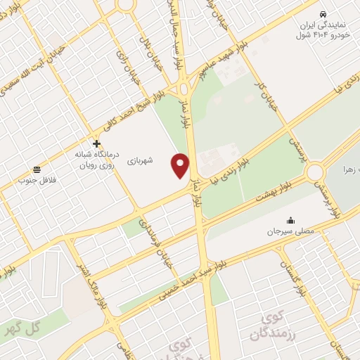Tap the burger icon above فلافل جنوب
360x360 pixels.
coord(36,169)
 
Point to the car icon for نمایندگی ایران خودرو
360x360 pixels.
coord(322,14)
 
